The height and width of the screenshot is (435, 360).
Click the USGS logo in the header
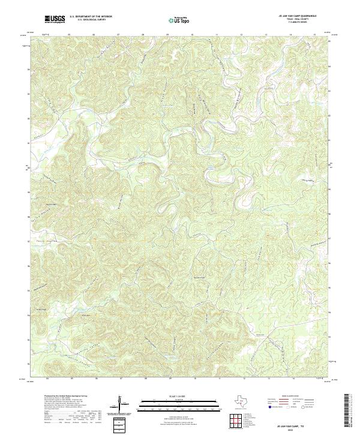click(x=55, y=19)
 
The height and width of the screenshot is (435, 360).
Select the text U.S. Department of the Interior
click(x=91, y=16)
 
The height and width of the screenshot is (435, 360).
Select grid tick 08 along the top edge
click(x=143, y=35)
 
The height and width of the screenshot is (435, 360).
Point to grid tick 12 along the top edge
click(x=241, y=35)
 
